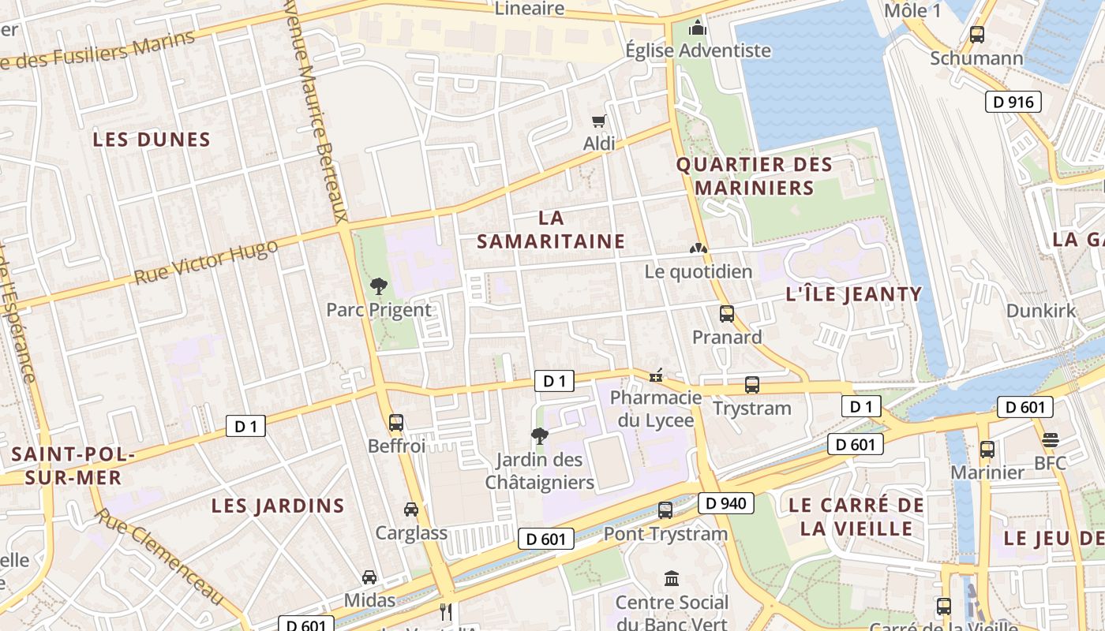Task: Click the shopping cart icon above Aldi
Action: point(598,121)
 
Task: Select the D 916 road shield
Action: point(1013,102)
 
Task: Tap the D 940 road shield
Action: point(725,503)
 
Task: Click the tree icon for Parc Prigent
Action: point(379,286)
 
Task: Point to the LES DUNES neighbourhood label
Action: point(152,140)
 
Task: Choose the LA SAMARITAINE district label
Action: point(551,230)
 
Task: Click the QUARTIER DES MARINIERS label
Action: point(755,177)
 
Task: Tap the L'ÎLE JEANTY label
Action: point(854,295)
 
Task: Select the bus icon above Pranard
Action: point(727,314)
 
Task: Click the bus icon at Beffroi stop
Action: point(396,422)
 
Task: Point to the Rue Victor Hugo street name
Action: point(206,263)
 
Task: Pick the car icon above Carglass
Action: point(411,510)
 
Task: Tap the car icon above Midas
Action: point(369,577)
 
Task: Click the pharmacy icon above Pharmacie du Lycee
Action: point(655,375)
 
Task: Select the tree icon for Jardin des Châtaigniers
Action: point(540,435)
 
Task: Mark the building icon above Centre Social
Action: point(672,579)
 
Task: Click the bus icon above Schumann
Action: point(977,35)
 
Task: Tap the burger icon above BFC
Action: point(1050,439)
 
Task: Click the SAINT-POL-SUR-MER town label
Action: point(73,466)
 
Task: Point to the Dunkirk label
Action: point(1040,311)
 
